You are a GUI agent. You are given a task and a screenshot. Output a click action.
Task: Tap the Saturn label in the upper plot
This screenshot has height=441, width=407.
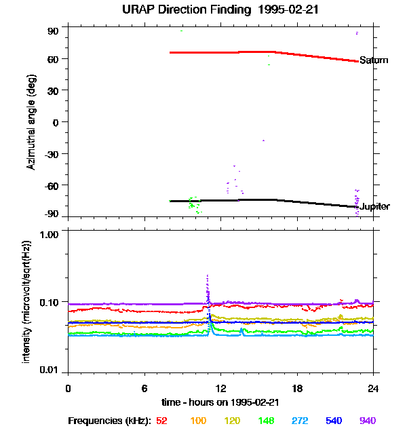pyautogui.click(x=374, y=60)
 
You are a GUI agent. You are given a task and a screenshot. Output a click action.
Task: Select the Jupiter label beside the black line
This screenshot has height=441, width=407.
pyautogui.click(x=374, y=206)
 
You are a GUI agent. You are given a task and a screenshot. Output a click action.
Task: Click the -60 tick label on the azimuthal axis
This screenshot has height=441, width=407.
pyautogui.click(x=52, y=185)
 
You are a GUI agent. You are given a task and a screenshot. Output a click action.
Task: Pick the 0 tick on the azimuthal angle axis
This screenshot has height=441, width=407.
pyautogui.click(x=56, y=122)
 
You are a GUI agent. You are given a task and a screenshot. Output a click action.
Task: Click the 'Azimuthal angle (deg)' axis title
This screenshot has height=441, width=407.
pyautogui.click(x=31, y=123)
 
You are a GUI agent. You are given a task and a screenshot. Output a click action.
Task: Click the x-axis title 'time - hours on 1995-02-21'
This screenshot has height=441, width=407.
pyautogui.click(x=220, y=402)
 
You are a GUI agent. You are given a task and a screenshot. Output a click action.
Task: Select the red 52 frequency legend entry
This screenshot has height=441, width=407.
pyautogui.click(x=161, y=421)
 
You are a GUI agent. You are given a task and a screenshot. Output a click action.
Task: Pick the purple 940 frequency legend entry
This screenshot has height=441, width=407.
pyautogui.click(x=368, y=421)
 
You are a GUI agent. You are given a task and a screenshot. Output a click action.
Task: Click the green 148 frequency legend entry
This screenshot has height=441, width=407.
pyautogui.click(x=267, y=421)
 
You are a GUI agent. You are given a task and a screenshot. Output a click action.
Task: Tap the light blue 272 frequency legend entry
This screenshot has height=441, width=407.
pyautogui.click(x=300, y=421)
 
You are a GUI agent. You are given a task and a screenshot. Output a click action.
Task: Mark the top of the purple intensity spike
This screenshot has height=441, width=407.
pyautogui.click(x=208, y=275)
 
